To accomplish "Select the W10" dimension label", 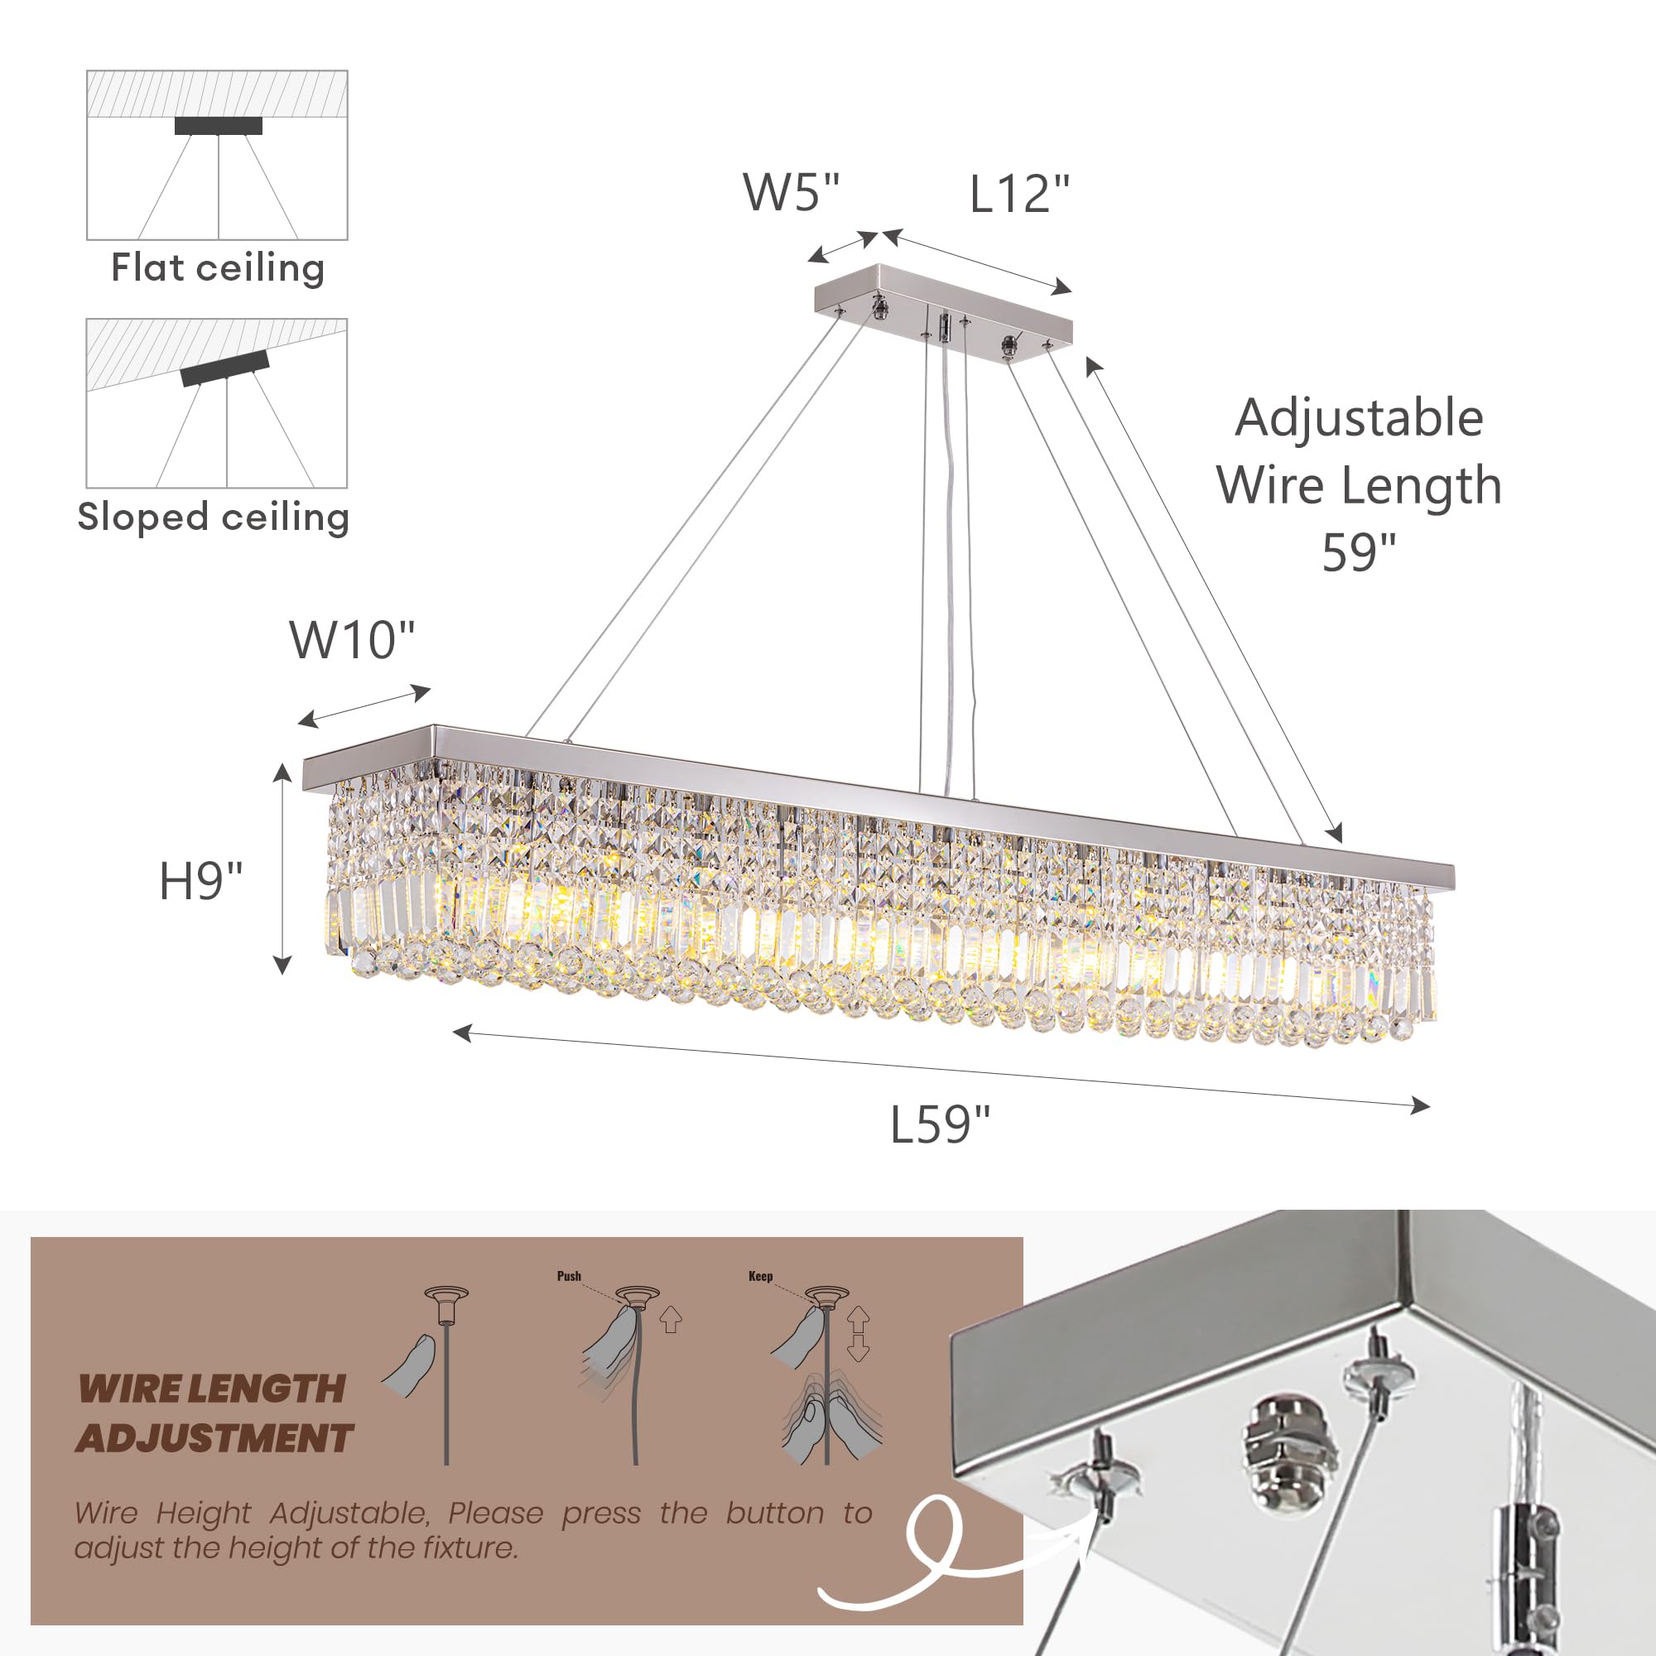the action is (x=351, y=639).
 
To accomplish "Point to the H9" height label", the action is (x=200, y=880).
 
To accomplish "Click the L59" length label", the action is (x=940, y=1124).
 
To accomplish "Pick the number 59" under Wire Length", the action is (x=1359, y=553).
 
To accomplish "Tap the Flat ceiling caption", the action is (x=218, y=268).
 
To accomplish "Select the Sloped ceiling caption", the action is (x=214, y=517).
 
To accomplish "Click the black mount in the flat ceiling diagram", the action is (x=219, y=125).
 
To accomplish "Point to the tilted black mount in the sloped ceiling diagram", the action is (x=224, y=368).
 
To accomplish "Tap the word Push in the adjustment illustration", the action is (x=569, y=1276).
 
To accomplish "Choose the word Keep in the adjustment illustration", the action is (x=760, y=1276).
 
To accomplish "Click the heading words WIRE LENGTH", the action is (x=211, y=1389).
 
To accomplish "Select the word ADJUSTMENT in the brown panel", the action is (x=214, y=1437).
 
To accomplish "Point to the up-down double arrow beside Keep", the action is (x=858, y=1335).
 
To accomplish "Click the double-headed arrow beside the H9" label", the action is (x=282, y=869).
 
